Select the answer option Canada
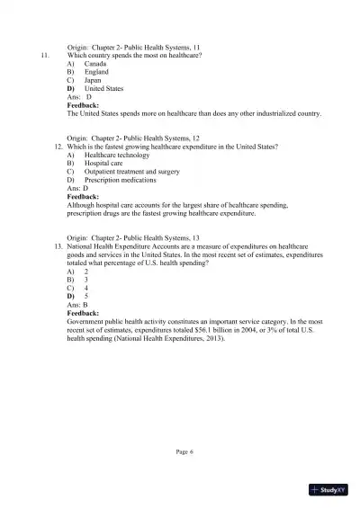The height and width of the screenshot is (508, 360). click(95, 65)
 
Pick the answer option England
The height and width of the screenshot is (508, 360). click(97, 73)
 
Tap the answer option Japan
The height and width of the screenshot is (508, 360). click(94, 81)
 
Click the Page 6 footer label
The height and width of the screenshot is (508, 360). click(185, 450)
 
